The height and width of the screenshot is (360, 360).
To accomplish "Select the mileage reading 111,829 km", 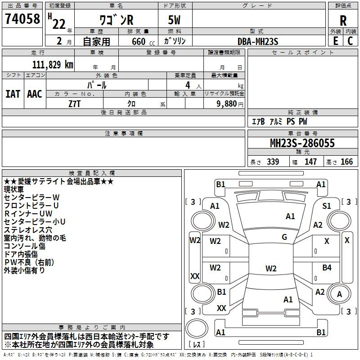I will pos(53,64).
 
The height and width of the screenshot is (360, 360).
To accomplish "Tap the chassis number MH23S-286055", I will pos(302,143).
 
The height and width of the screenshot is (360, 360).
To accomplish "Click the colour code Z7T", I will pos(75,103).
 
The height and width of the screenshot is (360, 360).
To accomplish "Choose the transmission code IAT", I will pos(13,94).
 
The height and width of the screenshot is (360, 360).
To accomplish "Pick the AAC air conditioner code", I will pos(35,94).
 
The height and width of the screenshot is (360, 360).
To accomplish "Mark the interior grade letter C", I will pos(351,41).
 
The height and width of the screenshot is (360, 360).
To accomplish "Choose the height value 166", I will pos(346,162).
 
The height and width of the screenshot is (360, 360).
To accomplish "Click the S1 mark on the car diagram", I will pos(327,206).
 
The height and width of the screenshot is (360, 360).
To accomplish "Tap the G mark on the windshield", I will pos(284,237).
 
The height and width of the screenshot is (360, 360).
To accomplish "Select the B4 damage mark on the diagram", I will pos(327,268).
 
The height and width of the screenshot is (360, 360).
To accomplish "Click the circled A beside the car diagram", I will pos(339,295).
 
